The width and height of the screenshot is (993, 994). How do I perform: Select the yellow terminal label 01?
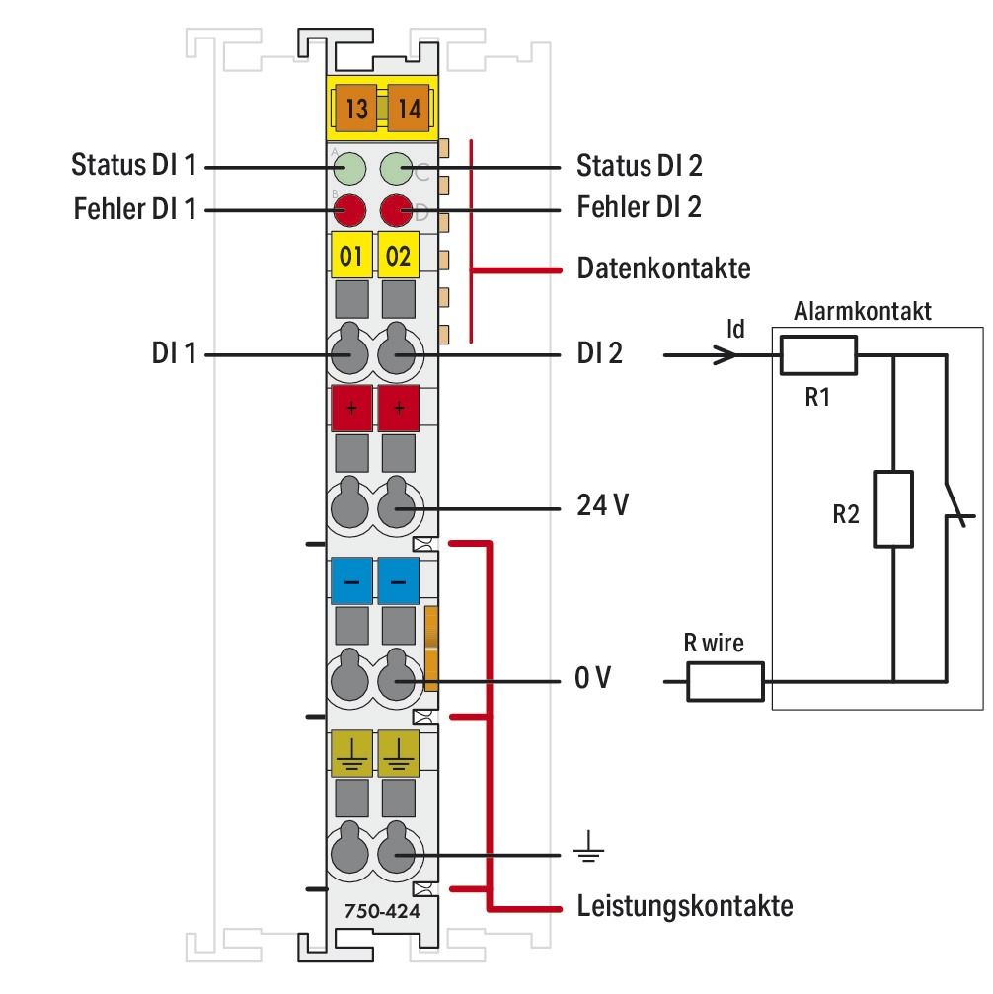[x=350, y=257]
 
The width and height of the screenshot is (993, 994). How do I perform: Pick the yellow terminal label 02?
[x=398, y=257]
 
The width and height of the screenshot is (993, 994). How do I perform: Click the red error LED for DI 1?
[x=348, y=209]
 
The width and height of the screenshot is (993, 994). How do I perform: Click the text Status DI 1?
[x=135, y=165]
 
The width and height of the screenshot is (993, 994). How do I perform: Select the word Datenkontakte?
[x=663, y=268]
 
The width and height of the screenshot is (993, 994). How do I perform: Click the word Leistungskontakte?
[x=684, y=905]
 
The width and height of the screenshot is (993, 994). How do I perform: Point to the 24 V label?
[x=601, y=506]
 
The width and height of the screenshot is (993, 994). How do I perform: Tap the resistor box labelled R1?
[x=818, y=355]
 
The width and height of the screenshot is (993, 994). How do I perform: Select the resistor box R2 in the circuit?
[x=892, y=509]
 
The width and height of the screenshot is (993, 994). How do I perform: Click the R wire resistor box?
[x=726, y=682]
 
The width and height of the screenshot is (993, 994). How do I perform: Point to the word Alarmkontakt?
[x=863, y=313]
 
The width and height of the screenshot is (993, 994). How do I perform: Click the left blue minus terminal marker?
[x=350, y=580]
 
